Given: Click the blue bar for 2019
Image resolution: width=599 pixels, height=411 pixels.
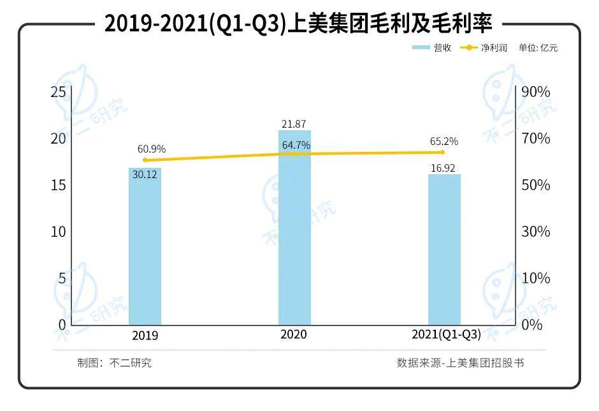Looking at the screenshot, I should pos(145,249).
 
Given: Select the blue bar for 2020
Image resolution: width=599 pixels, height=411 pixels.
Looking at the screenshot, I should pos(294,230).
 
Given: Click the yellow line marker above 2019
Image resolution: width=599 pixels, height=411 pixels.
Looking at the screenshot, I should pos(145,160).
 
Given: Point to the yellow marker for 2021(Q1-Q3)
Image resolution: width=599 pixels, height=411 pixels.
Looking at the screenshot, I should pos(443,152).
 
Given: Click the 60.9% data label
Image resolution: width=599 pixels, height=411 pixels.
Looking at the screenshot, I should pos(152,149).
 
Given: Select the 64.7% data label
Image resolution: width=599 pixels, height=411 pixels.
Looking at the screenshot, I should pos(296,146).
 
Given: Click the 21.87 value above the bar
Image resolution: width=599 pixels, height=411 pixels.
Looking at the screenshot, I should pos(294,123).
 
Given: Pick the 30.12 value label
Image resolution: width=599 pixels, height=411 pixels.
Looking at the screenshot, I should pos(145,174).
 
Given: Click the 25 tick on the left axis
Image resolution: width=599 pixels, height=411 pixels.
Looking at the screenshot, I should pos(59,92).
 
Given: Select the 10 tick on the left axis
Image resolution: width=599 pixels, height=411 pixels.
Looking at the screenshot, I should pos(59,232).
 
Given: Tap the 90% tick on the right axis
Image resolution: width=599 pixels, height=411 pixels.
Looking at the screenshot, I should pos(535,92).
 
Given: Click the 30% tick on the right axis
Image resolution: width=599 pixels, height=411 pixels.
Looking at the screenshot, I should pos(535,232).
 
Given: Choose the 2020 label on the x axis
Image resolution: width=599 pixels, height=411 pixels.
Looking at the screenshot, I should pos(294,335).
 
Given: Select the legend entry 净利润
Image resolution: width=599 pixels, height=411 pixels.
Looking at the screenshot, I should pos(485,48).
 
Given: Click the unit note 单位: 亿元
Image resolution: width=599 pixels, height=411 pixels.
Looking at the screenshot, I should pos(538,48).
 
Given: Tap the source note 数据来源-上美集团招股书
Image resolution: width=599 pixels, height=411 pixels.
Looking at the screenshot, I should pos(460,363).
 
